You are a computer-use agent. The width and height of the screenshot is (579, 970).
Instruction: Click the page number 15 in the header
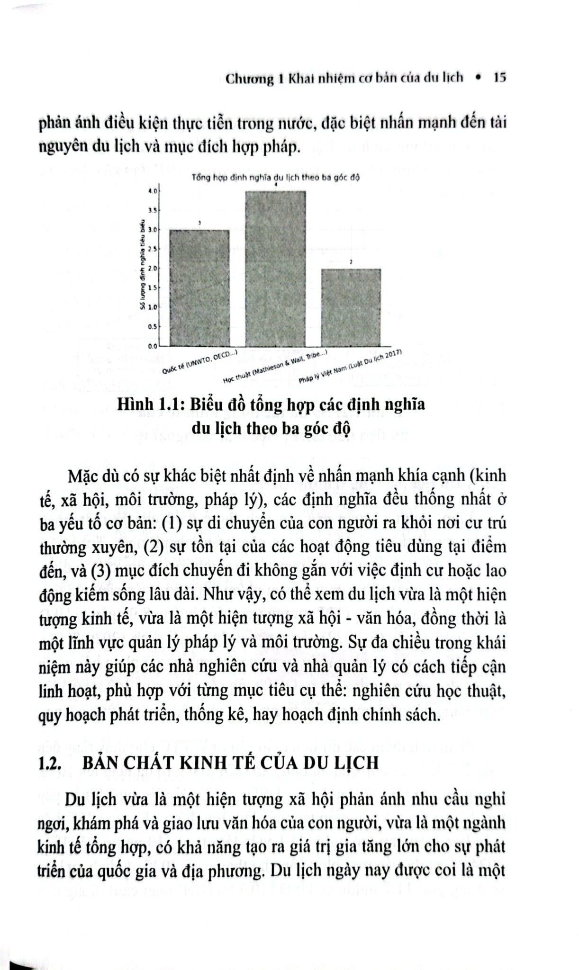500,77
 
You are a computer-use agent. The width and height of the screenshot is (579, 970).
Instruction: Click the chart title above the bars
276,178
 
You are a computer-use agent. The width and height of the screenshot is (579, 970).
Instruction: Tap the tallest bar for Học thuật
275,268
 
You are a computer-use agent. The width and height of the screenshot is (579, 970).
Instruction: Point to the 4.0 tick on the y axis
152,191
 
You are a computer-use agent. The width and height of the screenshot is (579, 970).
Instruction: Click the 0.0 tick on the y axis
152,346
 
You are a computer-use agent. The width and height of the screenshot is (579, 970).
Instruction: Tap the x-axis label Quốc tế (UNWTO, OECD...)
199,362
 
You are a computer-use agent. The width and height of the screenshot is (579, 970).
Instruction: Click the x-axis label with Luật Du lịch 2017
351,367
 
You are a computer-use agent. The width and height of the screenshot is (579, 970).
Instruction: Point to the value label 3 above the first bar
199,223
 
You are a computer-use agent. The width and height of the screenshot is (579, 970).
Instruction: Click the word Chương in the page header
249,78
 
